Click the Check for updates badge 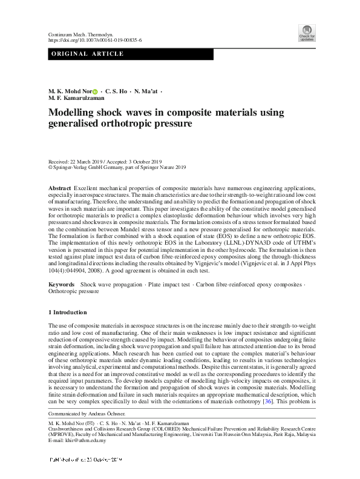(x=307, y=32)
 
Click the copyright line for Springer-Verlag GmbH (x=117, y=168)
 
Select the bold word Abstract (x=59, y=189)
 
